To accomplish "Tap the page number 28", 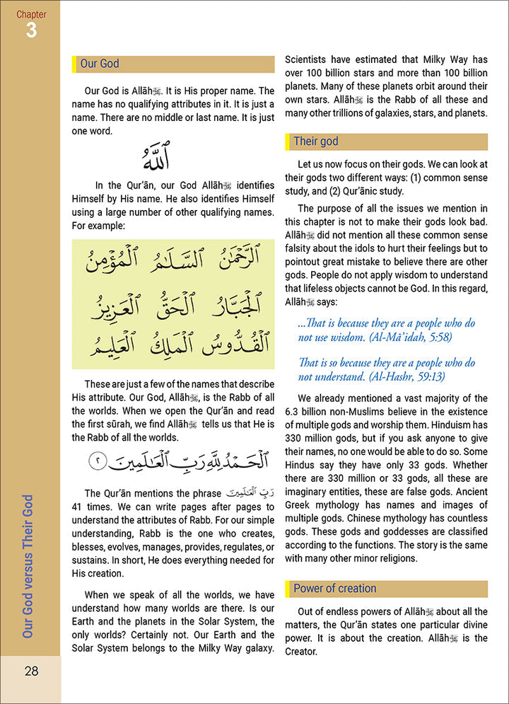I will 30,671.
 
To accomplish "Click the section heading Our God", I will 100,64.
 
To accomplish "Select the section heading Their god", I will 315,142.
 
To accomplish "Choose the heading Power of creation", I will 335,589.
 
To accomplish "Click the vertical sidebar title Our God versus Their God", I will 29,567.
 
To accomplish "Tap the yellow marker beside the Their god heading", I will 287,142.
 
